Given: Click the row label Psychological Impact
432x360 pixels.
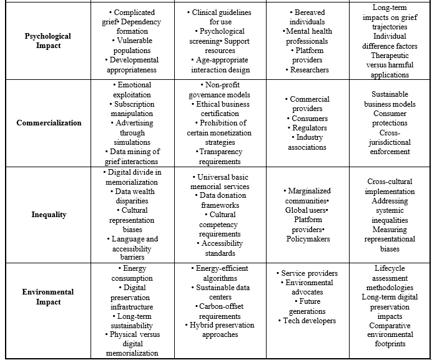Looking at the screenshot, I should (49, 41).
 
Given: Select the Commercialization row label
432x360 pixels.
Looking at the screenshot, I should (49, 122).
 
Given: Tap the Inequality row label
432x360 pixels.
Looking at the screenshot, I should (49, 215).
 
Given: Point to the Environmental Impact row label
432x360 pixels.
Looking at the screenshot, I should (49, 297).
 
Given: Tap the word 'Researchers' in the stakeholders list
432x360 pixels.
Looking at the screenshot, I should (309, 70).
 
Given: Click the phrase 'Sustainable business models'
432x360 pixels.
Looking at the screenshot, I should (390, 99).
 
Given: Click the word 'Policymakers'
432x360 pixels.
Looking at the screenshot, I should (309, 238).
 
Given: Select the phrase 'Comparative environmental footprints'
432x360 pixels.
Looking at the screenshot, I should (390, 334).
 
